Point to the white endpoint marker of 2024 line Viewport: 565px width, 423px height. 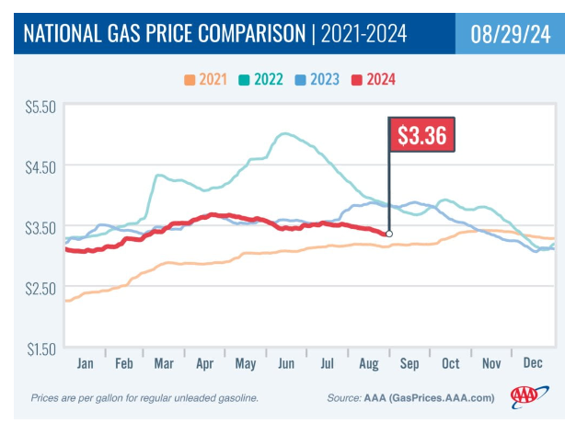(x=389, y=234)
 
